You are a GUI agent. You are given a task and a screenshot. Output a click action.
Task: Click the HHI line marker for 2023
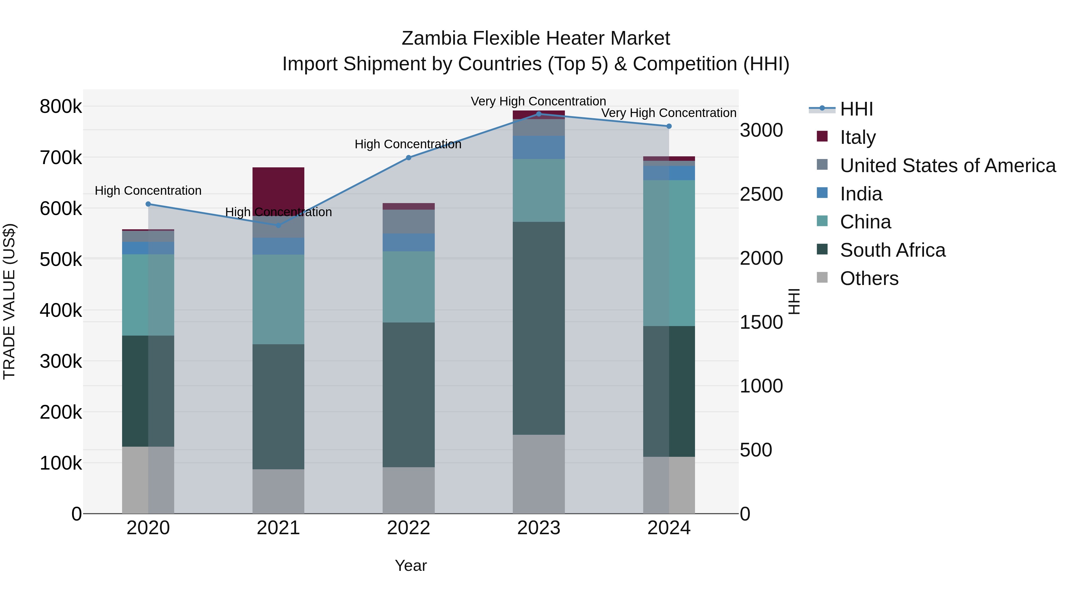tap(538, 114)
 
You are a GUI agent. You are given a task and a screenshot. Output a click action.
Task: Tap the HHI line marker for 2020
tap(148, 204)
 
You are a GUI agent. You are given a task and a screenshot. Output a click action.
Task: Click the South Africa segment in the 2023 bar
tap(538, 328)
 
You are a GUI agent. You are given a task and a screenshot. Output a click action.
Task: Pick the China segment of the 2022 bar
tap(408, 287)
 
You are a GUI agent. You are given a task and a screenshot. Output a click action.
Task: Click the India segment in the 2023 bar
tap(538, 147)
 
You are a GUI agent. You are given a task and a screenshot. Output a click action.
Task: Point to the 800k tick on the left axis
tap(61, 107)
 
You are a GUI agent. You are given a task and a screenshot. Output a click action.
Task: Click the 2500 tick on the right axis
tap(761, 194)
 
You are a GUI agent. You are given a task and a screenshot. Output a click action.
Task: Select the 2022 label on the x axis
tap(408, 528)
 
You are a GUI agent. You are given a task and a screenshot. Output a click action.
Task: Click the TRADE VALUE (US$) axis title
tap(9, 301)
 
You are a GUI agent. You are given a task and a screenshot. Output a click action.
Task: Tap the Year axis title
tap(410, 565)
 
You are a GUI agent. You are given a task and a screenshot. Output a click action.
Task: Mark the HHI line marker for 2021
tap(278, 225)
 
